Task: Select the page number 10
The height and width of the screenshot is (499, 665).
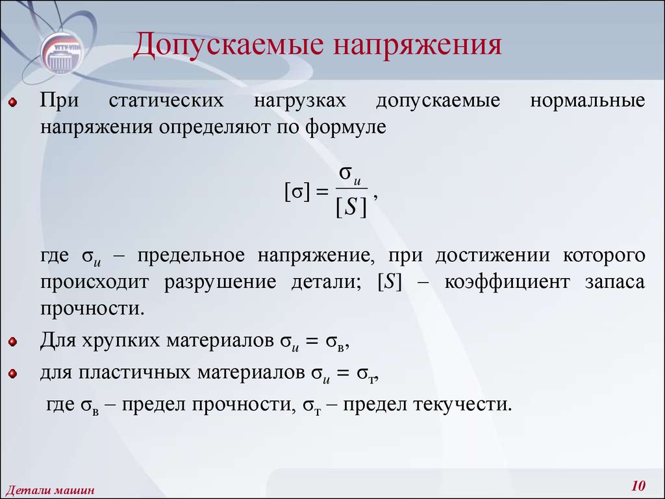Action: (x=638, y=485)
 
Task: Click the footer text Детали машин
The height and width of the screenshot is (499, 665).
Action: (x=49, y=491)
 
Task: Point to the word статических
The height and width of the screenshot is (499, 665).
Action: (x=166, y=101)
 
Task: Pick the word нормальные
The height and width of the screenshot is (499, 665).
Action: (x=587, y=101)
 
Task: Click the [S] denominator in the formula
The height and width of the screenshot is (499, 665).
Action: (x=351, y=207)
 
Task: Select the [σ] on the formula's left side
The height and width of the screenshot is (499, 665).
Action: (x=297, y=192)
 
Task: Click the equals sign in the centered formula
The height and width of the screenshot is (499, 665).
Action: (x=322, y=192)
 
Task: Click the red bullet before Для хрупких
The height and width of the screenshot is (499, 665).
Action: (x=13, y=342)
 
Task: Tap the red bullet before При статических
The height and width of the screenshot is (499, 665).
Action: (x=13, y=102)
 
